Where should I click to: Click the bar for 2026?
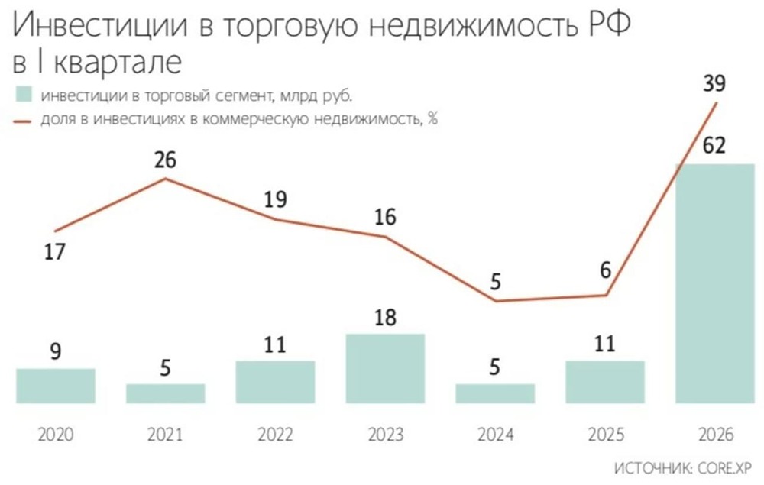pyautogui.click(x=715, y=283)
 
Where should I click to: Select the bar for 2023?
pyautogui.click(x=385, y=368)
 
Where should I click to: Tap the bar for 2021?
pyautogui.click(x=165, y=393)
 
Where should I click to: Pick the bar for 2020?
pyautogui.click(x=55, y=385)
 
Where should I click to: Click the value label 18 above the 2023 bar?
pyautogui.click(x=385, y=316)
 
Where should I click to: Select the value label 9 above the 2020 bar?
pyautogui.click(x=55, y=351)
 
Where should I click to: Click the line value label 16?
pyautogui.click(x=385, y=217)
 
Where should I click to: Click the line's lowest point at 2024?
pyautogui.click(x=495, y=301)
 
